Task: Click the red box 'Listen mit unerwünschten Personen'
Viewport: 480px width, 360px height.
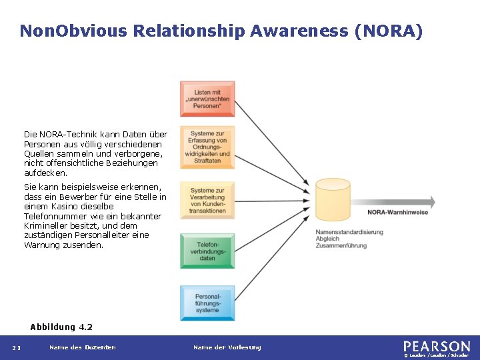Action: click(x=207, y=99)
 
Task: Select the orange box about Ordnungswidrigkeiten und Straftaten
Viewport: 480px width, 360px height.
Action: click(x=207, y=147)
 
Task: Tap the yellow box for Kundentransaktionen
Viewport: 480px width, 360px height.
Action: click(x=207, y=201)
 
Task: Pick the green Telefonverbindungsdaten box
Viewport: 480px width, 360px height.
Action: click(x=207, y=251)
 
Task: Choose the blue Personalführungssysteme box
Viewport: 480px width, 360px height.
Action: click(x=207, y=303)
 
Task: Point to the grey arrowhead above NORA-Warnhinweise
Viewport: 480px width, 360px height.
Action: click(x=429, y=201)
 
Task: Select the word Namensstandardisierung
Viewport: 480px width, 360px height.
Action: click(x=349, y=232)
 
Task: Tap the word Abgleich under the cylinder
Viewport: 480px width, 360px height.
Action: click(x=327, y=239)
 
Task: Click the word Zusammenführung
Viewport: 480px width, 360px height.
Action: click(x=341, y=246)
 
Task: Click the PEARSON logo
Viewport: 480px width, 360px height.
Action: click(x=437, y=347)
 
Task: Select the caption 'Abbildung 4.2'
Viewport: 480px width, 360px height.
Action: click(x=61, y=327)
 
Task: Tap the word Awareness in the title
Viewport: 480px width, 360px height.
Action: click(x=301, y=31)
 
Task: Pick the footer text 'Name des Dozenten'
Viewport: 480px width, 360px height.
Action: click(x=83, y=347)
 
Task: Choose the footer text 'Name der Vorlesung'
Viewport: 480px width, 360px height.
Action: click(x=227, y=347)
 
